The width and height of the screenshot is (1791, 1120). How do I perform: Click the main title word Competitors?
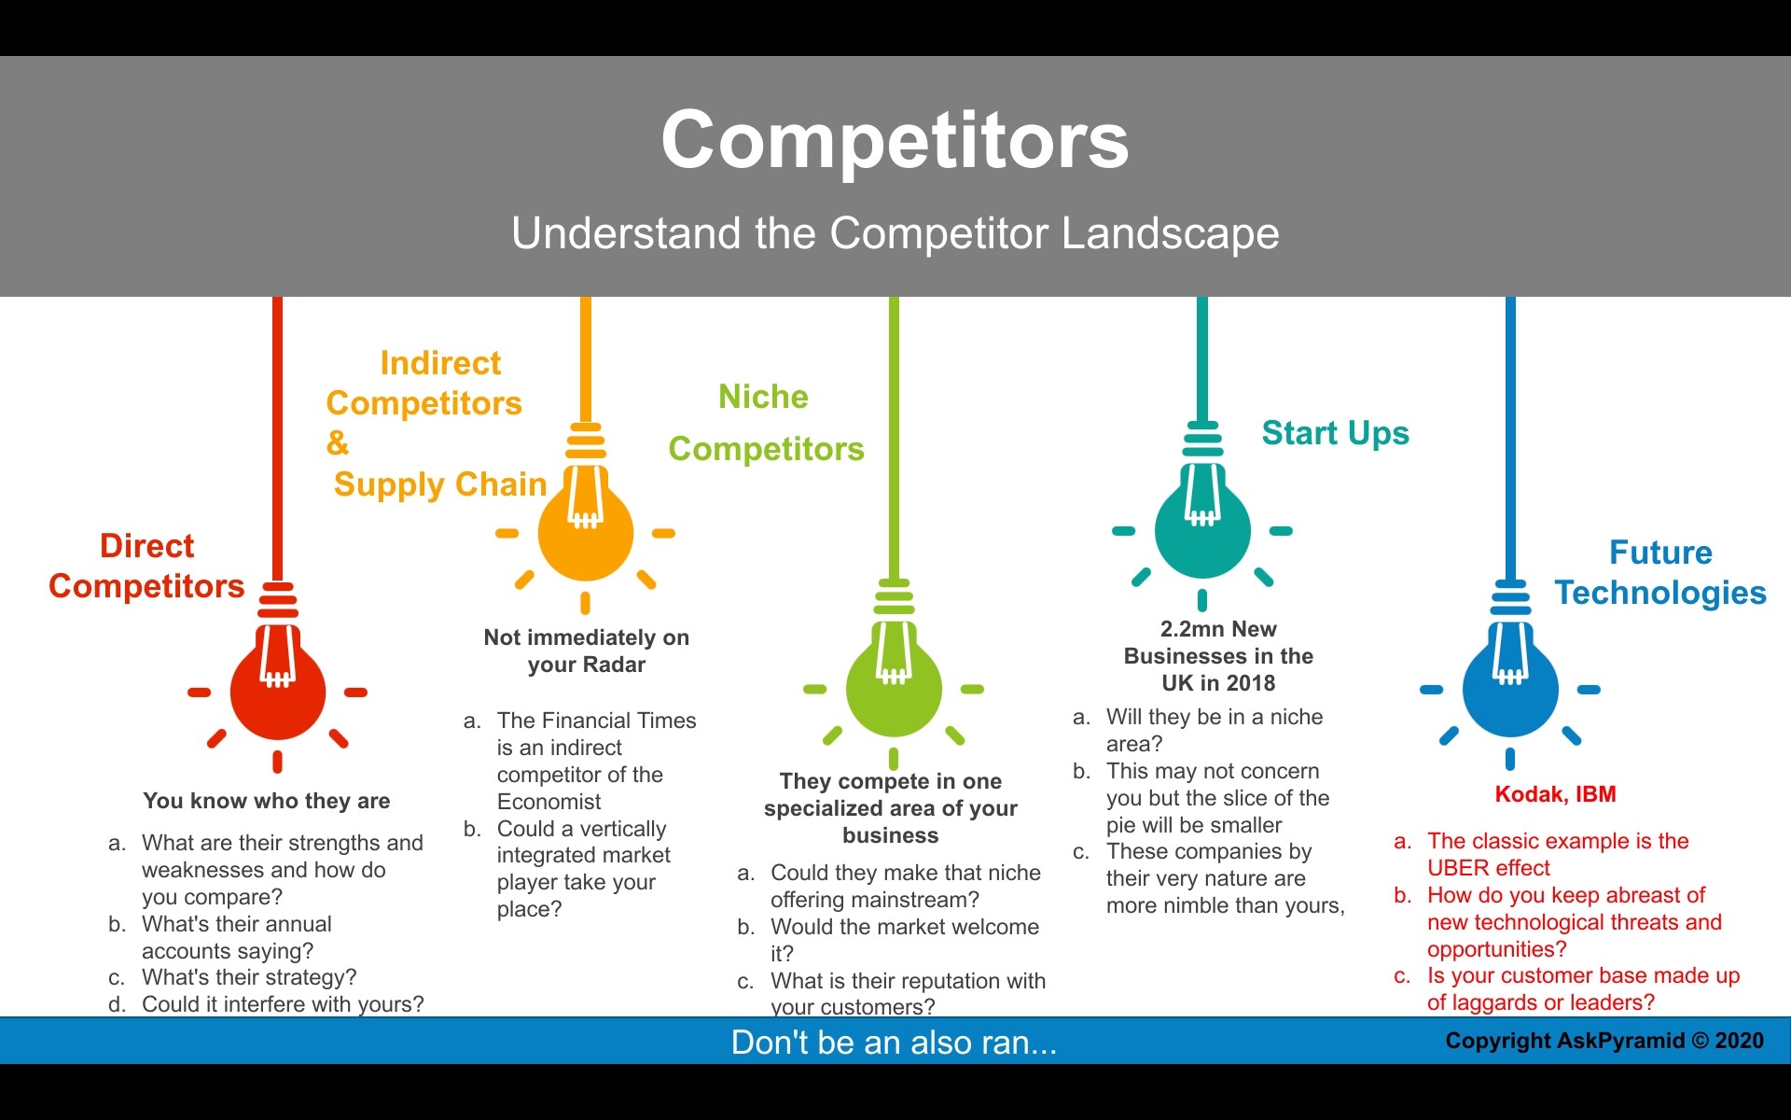[x=895, y=140]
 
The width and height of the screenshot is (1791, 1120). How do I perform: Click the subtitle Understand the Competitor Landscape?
[x=895, y=233]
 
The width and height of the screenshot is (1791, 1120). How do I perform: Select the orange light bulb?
[x=585, y=531]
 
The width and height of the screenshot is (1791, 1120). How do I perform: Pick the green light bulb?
[x=894, y=687]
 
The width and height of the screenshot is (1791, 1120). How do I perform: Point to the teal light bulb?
[x=1201, y=529]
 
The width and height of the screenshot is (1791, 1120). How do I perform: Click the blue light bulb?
[x=1510, y=688]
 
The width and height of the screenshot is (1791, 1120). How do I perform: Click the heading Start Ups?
[x=1335, y=433]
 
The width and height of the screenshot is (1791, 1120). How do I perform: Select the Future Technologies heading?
[x=1660, y=572]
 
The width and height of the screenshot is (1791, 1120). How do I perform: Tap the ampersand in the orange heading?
[x=337, y=442]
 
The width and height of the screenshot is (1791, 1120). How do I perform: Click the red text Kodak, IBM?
[x=1555, y=794]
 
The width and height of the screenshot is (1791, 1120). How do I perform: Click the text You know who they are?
[x=267, y=801]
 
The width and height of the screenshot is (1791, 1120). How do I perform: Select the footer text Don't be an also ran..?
[x=894, y=1042]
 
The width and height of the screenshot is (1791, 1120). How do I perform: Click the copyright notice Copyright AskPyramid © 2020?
[x=1604, y=1041]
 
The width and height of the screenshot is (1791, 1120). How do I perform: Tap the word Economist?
[x=548, y=802]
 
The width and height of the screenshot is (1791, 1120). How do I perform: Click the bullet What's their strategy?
[x=249, y=977]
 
